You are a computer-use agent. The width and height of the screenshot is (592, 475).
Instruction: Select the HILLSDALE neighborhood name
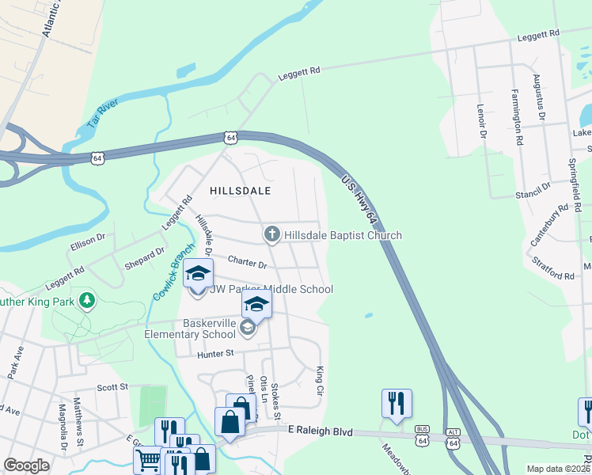(240, 191)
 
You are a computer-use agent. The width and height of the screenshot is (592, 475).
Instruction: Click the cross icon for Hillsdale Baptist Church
(271, 234)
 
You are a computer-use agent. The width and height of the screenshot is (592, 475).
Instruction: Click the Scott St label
(112, 387)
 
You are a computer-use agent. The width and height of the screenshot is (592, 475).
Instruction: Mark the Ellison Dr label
(87, 237)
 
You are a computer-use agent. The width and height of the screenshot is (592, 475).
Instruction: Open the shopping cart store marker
(149, 459)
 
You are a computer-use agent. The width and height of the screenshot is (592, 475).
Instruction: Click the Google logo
(27, 465)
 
